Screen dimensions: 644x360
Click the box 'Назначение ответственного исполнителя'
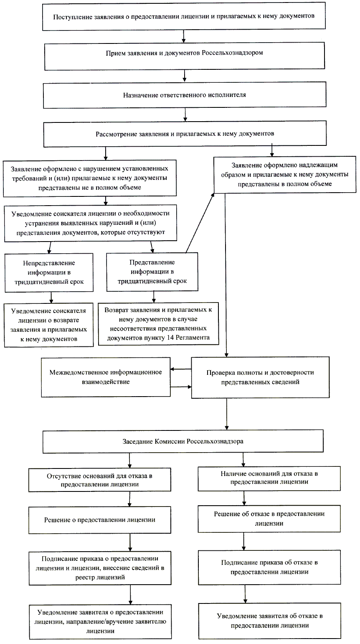point(184,95)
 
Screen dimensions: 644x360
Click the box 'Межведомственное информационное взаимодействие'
point(105,377)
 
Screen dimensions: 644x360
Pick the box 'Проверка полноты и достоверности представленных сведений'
point(260,377)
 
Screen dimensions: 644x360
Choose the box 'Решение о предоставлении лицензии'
point(100,520)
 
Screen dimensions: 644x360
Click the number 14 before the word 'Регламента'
point(170,338)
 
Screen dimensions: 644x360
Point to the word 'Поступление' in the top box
point(70,17)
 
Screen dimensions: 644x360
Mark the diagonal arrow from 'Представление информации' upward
point(200,224)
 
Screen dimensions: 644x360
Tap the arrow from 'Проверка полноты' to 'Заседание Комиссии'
point(226,414)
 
